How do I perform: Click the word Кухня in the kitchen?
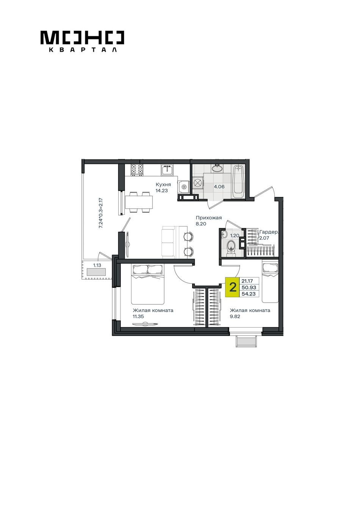[163, 184]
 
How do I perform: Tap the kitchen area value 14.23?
[162, 190]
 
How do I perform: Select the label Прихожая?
[209, 218]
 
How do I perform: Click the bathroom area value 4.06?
[219, 187]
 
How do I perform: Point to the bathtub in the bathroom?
[238, 181]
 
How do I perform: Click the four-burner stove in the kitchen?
[137, 170]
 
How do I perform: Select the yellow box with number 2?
[232, 287]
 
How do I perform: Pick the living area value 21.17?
[247, 281]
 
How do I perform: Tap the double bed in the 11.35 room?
[147, 284]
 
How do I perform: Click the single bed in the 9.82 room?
[270, 283]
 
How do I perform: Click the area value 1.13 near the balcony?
[97, 265]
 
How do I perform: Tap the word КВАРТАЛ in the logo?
[83, 50]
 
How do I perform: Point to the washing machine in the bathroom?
[198, 183]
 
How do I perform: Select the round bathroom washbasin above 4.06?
[218, 169]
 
